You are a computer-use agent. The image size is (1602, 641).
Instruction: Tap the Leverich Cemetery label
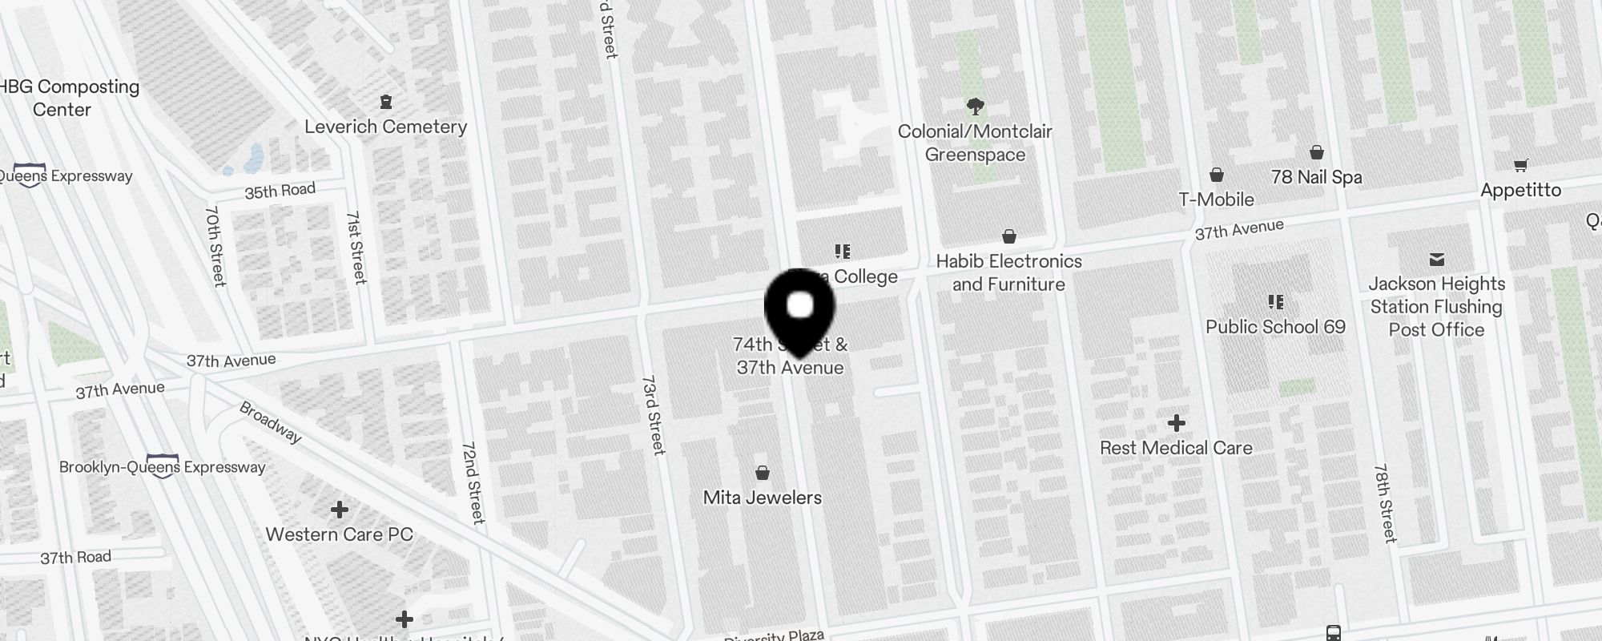[385, 127]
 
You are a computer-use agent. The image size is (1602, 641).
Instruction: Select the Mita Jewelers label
[762, 498]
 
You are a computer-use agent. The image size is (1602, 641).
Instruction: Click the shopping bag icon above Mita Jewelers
[763, 473]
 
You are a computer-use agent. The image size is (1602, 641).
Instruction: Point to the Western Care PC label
[339, 534]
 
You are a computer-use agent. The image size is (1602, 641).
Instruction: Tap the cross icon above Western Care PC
[340, 510]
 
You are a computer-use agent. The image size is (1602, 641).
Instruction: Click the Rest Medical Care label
[1176, 448]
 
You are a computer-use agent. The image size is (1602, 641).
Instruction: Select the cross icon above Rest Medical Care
[1176, 423]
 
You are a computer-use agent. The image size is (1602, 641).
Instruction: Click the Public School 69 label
[1275, 327]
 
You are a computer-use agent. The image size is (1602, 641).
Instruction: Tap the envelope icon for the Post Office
[1436, 260]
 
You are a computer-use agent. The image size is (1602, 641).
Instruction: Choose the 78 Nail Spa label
[1316, 177]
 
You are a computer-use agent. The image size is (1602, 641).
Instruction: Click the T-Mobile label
[1216, 200]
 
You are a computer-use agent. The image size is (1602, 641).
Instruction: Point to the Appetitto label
[1520, 190]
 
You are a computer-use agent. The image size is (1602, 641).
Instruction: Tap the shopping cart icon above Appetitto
[1520, 166]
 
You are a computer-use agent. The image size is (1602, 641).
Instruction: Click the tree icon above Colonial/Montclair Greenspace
[975, 106]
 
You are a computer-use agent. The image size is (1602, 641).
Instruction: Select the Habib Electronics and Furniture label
[1008, 272]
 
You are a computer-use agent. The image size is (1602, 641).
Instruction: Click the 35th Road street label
[280, 191]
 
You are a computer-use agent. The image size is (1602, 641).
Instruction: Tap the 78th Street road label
[1385, 503]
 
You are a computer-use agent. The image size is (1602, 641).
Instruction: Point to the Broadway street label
[271, 422]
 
